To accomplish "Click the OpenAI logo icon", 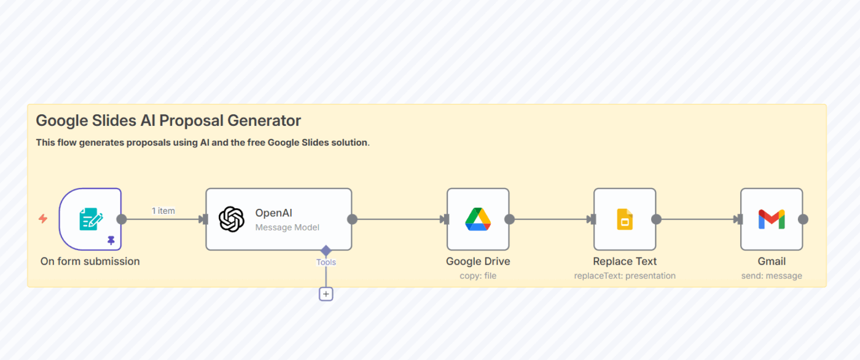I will coord(232,219).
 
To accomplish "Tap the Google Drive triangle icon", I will coord(477,219).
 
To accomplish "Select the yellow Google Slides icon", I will coord(625,219).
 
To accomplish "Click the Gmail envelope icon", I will coord(772,219).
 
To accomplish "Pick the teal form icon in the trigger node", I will coord(91,219).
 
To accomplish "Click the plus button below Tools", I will coord(326,294).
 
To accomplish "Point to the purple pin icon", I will coord(111,240).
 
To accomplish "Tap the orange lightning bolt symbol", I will coord(43,219).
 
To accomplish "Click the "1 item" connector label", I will coord(163,211).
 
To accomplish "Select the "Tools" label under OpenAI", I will coord(326,262).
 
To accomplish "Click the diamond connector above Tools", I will coord(326,251).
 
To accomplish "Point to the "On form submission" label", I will coord(90,261).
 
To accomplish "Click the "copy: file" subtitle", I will coord(478,276).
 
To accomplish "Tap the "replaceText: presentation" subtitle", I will coord(625,276).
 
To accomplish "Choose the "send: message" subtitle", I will coord(772,276).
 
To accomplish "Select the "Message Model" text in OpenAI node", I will coord(287,227).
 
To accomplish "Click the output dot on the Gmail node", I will coord(803,219).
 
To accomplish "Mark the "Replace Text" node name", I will coord(625,261).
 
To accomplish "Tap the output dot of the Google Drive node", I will coord(509,219).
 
